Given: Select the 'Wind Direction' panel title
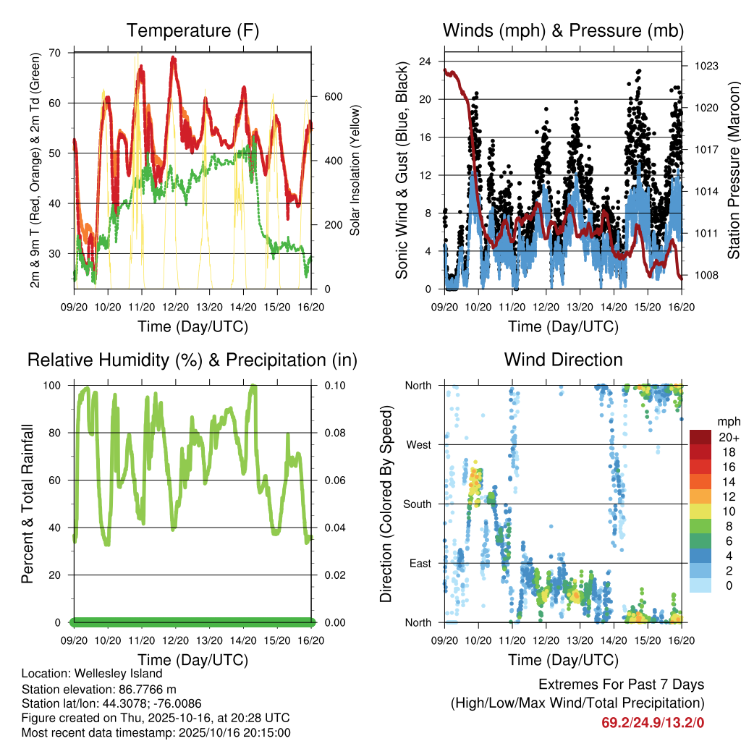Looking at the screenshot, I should (x=563, y=359).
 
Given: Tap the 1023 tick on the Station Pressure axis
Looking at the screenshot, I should (x=706, y=66).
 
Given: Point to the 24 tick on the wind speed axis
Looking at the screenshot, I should (x=425, y=62).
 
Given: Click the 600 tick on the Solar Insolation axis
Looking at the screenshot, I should (x=332, y=97).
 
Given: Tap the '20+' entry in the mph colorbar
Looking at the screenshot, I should (x=726, y=437).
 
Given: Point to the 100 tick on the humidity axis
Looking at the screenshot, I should (x=52, y=386).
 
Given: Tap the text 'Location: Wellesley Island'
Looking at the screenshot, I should (x=92, y=674).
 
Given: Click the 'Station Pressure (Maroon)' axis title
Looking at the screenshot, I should (x=733, y=171).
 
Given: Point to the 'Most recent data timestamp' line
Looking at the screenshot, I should (x=156, y=732).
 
